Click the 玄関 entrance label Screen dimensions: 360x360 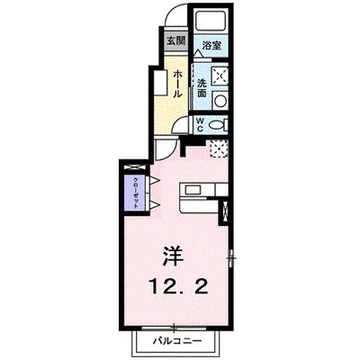[175, 40]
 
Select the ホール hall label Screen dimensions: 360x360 [178, 82]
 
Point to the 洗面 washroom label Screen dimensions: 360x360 [203, 86]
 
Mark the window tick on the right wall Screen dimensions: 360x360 [231, 260]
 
